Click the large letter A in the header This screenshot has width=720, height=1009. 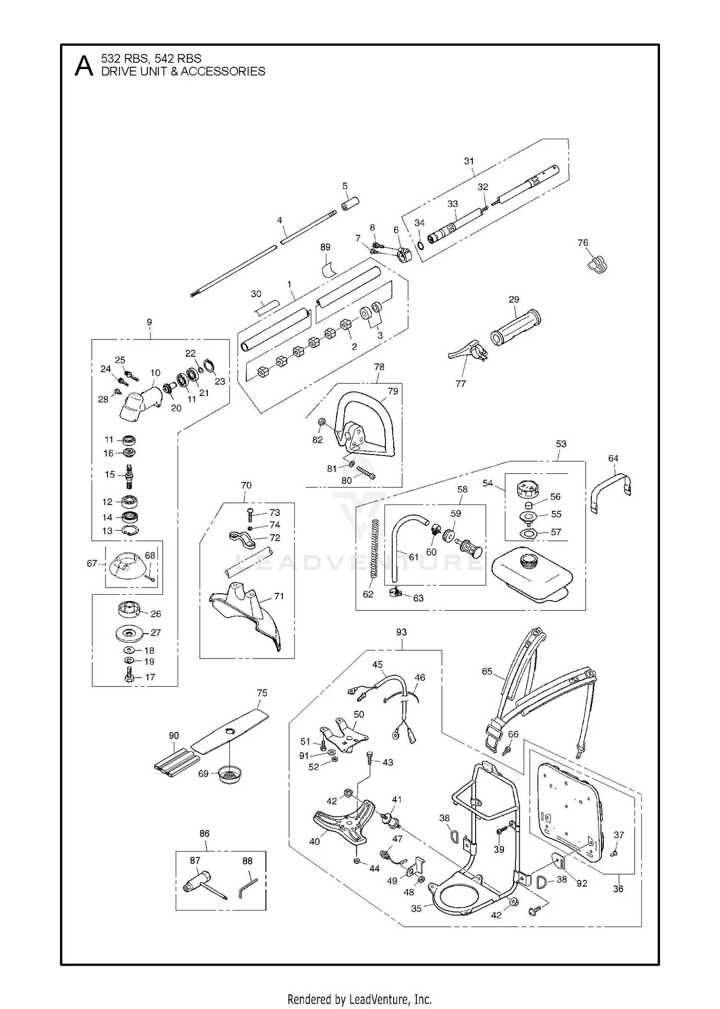click(x=84, y=66)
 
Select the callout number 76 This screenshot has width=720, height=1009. click(x=583, y=243)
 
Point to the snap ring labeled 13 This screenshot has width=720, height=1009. click(x=130, y=530)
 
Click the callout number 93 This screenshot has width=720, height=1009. click(x=401, y=632)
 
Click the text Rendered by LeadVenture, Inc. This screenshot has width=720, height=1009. click(x=360, y=986)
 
